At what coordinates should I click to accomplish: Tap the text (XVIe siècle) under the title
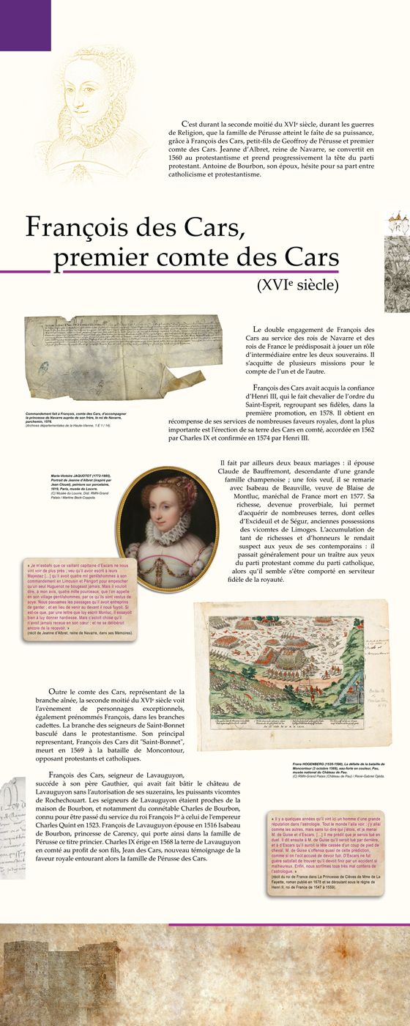(297, 284)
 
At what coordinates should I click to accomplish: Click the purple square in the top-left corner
(25, 25)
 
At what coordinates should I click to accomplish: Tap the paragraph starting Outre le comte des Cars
(116, 715)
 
